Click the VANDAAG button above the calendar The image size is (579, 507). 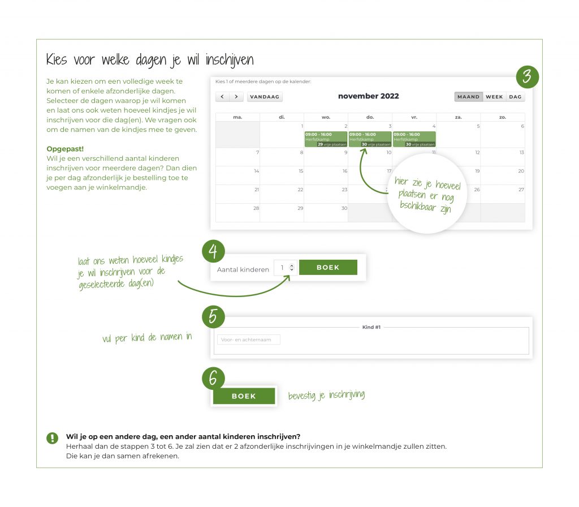pos(265,97)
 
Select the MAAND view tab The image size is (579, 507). pos(468,97)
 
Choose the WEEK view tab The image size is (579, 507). pos(494,97)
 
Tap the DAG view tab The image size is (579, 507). pos(515,97)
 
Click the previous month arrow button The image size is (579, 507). pos(222,97)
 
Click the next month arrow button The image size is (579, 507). pos(237,97)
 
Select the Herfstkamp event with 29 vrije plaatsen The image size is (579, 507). pos(326,139)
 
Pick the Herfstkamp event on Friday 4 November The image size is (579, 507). pos(414,139)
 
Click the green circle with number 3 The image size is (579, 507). pos(526,76)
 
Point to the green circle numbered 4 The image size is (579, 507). pos(213,251)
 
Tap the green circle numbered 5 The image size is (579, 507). pos(213,316)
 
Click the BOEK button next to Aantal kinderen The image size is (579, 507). pos(328,268)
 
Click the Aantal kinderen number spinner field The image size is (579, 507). pos(285,268)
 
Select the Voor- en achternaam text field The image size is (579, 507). pos(249,340)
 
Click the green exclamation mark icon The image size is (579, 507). pos(53,437)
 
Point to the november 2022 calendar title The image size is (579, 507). pos(368,96)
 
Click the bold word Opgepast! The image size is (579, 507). pos(65,149)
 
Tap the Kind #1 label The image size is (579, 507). pos(371,327)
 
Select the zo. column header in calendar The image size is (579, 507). pos(503,117)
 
